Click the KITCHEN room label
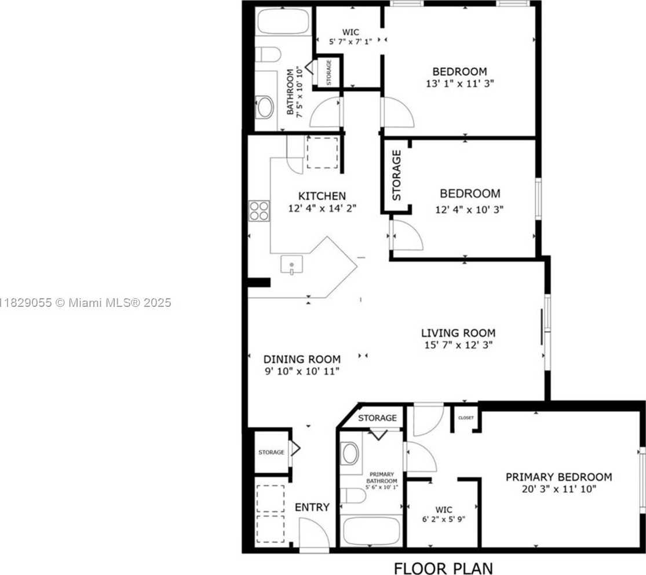pos(322,196)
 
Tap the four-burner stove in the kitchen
pos(259,210)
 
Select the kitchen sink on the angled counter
pos(291,265)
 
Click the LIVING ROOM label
pos(458,333)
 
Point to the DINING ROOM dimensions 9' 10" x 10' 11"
pos(301,371)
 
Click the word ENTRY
pos(312,507)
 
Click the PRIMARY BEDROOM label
pos(559,477)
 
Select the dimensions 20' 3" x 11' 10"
pos(559,489)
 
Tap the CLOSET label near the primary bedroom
pos(466,417)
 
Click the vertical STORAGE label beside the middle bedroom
pos(397,175)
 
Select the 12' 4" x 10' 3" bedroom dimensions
pos(469,210)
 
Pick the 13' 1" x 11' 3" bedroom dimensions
pos(459,83)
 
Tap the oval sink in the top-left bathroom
pos(265,108)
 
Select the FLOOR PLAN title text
pos(444,567)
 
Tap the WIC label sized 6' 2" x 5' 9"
pos(444,510)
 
